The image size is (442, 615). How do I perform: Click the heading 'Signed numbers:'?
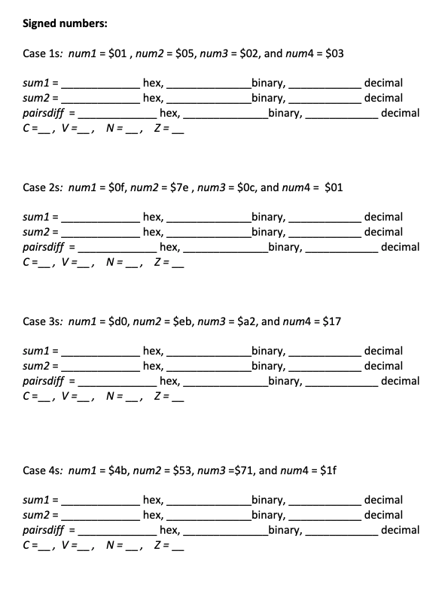65,23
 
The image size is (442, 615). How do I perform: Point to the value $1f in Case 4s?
328,470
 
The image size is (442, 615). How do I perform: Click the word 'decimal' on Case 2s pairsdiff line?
401,247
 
